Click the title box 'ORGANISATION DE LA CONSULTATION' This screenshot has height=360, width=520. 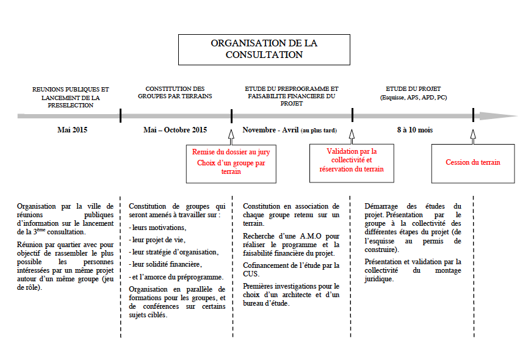point(264,49)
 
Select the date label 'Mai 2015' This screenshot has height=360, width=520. point(73,130)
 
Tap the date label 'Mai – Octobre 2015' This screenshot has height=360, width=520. point(175,130)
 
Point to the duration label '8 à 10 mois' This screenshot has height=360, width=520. point(415,130)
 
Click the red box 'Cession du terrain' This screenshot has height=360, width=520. point(472,162)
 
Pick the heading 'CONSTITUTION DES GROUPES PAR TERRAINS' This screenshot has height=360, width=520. point(175,92)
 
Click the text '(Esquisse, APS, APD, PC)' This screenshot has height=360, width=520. point(413,97)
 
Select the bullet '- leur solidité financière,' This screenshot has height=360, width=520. point(165,264)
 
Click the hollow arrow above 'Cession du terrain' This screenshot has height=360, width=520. point(473,134)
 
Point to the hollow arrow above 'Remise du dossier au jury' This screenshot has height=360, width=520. point(231,134)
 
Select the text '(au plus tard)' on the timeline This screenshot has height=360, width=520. point(318,131)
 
